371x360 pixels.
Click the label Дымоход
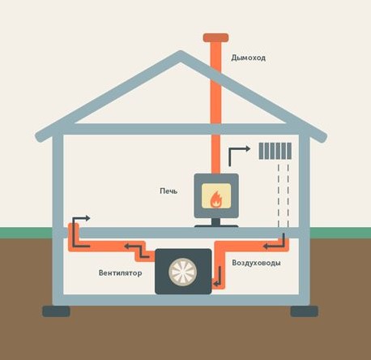249,58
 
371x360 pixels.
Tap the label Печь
168,191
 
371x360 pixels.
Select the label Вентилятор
120,272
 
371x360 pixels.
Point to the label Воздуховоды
256,263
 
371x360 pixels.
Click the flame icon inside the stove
216,199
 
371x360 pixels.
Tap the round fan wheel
183,272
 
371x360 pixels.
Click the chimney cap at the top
215,37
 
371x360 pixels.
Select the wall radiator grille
275,151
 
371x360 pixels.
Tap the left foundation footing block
56,311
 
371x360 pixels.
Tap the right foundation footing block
305,311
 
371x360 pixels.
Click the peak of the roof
181,52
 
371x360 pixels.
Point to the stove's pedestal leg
216,222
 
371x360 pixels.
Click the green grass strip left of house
26,233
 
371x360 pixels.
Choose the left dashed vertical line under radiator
279,195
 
